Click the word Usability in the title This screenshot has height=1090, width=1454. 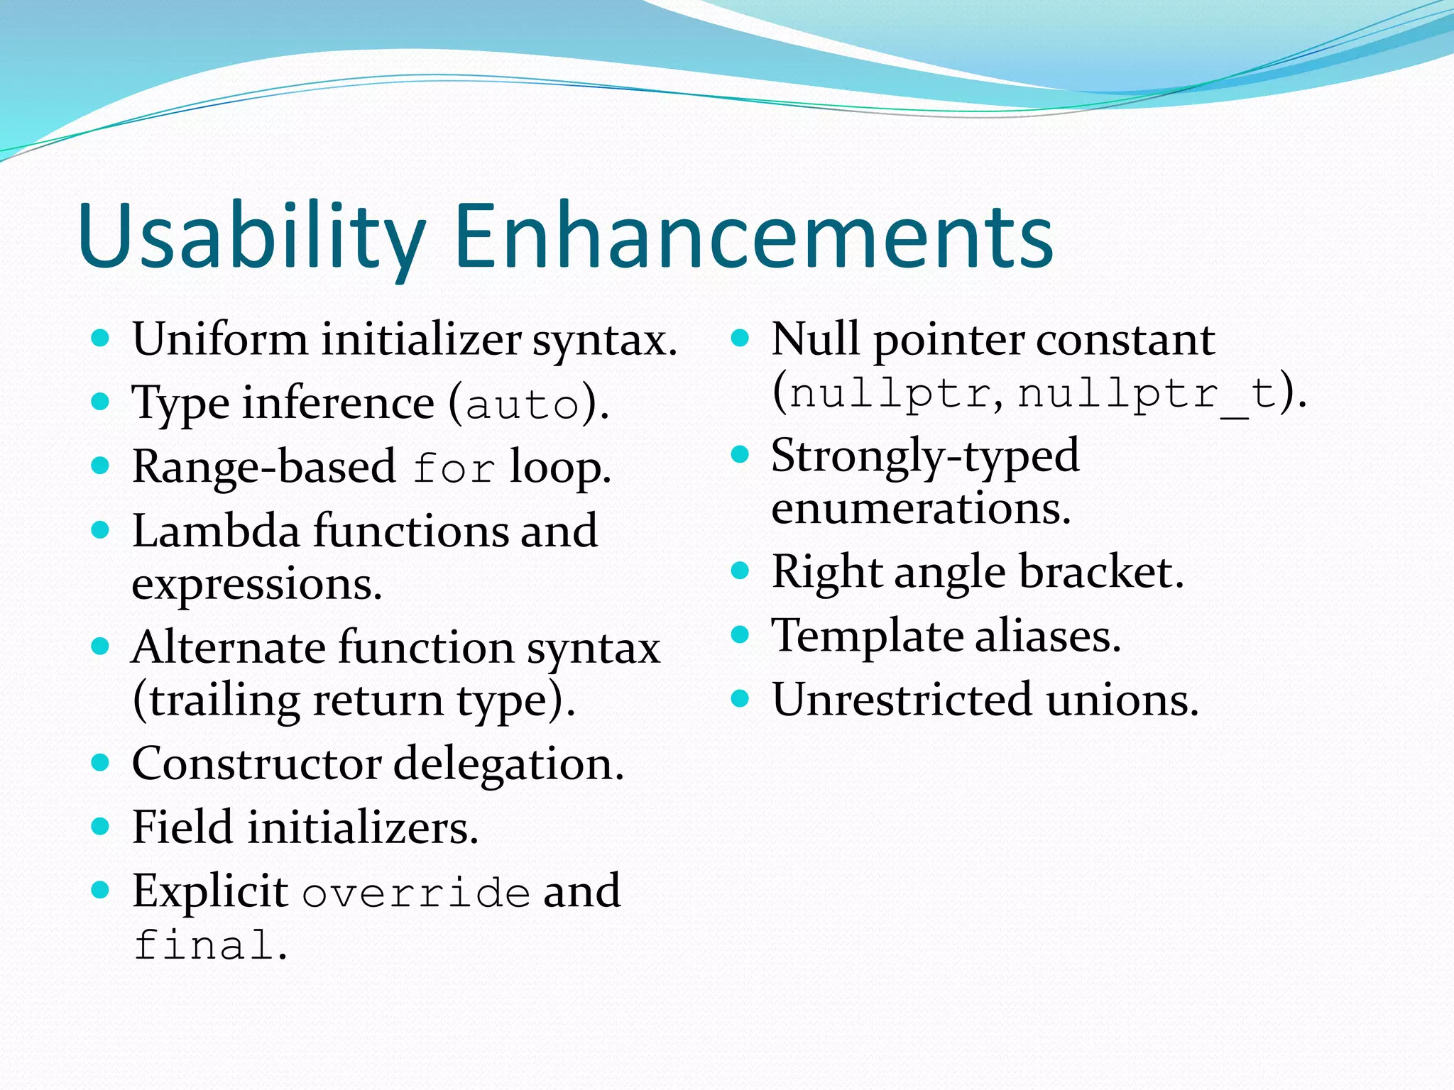pyautogui.click(x=252, y=236)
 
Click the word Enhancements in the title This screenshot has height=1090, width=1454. pyautogui.click(x=753, y=236)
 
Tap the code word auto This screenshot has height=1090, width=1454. pyautogui.click(x=523, y=406)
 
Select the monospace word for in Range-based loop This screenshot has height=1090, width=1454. pyautogui.click(x=454, y=469)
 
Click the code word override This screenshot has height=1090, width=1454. pyautogui.click(x=416, y=893)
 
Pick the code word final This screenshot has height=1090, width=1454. pyautogui.click(x=204, y=945)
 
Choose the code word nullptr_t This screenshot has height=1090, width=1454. pyautogui.click(x=1147, y=394)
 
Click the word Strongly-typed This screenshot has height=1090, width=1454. pyautogui.click(x=924, y=456)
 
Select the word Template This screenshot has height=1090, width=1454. pyautogui.click(x=866, y=636)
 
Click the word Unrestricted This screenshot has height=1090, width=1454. pyautogui.click(x=902, y=700)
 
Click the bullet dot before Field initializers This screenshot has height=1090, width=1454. pyautogui.click(x=101, y=826)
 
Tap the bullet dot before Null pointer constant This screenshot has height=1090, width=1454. pyautogui.click(x=740, y=338)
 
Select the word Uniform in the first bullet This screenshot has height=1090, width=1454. pyautogui.click(x=220, y=339)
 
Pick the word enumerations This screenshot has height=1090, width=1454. pyautogui.click(x=920, y=509)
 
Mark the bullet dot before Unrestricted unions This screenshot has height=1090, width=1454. pyautogui.click(x=740, y=699)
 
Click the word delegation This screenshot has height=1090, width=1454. pyautogui.click(x=508, y=765)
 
